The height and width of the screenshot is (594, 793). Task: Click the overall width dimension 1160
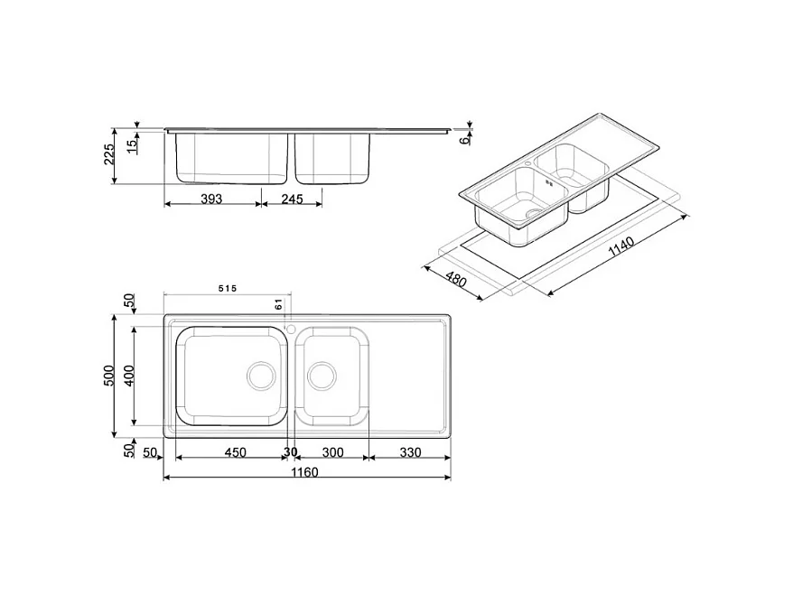[306, 472]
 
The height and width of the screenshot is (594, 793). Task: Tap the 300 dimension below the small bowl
[331, 451]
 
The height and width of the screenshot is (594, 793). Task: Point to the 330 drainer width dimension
[410, 451]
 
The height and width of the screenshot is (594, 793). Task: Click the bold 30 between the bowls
[290, 451]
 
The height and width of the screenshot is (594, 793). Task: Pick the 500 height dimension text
[108, 376]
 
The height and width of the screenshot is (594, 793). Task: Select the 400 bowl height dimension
[128, 376]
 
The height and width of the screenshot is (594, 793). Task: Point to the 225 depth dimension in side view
[110, 153]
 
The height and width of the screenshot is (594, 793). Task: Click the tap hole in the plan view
[291, 327]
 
